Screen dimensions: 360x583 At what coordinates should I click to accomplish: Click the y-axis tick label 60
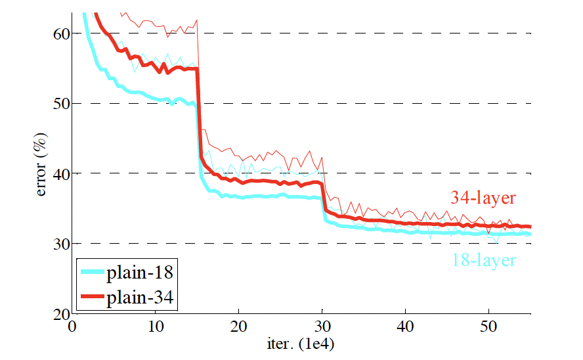(x=58, y=34)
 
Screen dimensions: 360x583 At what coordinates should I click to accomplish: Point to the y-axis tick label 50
(x=58, y=103)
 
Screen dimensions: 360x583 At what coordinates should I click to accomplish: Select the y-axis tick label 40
(x=58, y=173)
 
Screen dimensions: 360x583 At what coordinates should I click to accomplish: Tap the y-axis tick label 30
(x=58, y=244)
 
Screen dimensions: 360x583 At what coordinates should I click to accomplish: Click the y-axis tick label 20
(x=58, y=313)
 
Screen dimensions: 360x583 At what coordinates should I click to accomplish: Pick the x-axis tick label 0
(x=72, y=326)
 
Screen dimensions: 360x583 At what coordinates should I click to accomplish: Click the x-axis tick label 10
(x=156, y=326)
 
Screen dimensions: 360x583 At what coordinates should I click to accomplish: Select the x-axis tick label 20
(x=239, y=326)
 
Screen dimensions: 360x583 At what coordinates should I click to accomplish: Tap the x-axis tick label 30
(x=322, y=326)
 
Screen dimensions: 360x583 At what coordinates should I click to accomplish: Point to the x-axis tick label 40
(x=406, y=326)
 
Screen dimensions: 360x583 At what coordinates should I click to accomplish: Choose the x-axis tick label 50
(x=489, y=326)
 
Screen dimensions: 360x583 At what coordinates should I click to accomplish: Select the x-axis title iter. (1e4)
(x=301, y=342)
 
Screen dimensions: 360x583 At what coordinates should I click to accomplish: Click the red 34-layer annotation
(x=483, y=196)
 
